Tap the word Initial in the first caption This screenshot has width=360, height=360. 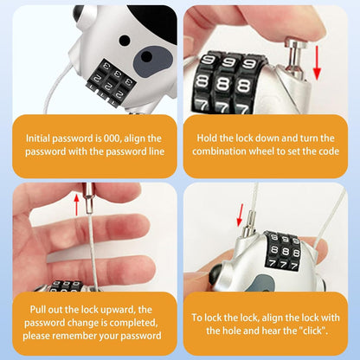coord(37,138)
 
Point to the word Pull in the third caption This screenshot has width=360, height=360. coord(38,310)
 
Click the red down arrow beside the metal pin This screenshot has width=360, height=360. coord(317,62)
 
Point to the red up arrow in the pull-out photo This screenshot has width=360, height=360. coord(76,205)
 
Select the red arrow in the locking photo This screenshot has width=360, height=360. coord(240,215)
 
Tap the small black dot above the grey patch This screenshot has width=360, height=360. coord(125,40)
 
